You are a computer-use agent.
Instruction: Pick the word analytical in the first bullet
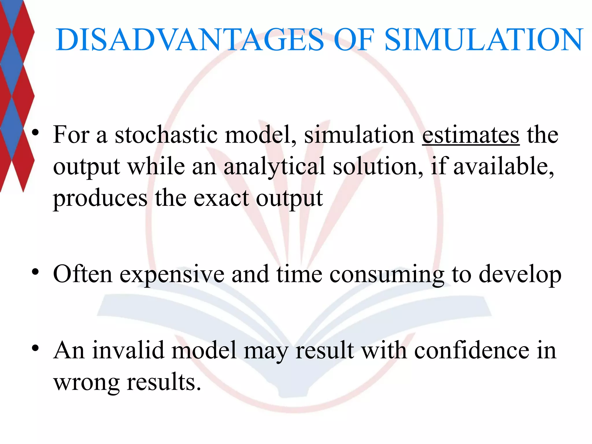(274, 167)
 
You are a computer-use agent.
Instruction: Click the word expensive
(172, 275)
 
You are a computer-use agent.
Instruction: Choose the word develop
(520, 275)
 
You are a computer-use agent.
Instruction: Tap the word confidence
(471, 350)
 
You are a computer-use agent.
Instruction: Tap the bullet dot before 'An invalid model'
(35, 348)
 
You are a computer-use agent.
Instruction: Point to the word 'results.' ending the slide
(164, 382)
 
